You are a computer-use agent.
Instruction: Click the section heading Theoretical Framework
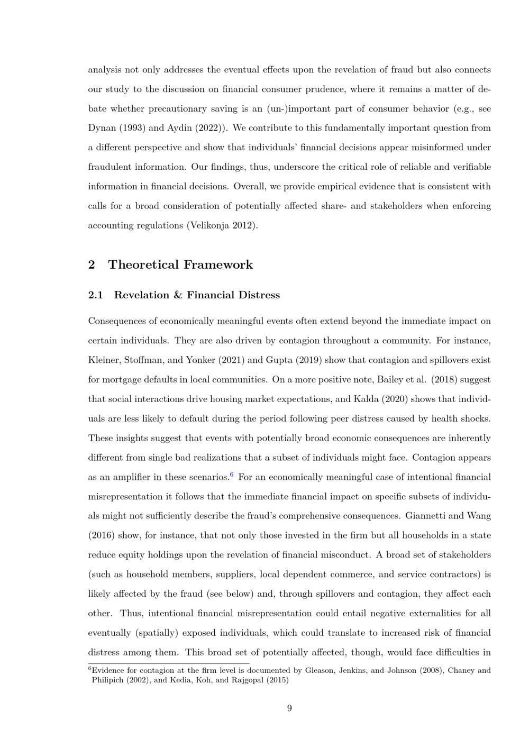point(180,264)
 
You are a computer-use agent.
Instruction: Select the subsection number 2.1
point(96,295)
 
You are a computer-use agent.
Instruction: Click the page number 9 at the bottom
point(289,708)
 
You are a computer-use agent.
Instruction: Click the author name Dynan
point(101,128)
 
